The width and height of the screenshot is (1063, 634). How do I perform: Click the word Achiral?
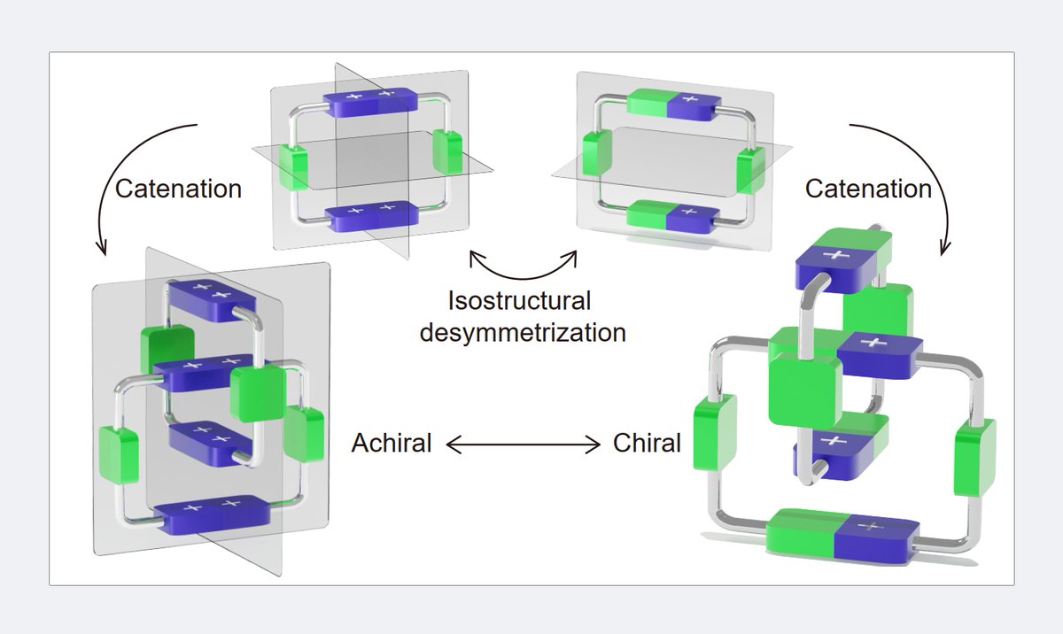392,443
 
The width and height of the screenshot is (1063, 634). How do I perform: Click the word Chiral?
647,443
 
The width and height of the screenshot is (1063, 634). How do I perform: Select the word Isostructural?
519,300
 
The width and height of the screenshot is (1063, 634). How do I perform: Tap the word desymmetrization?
523,333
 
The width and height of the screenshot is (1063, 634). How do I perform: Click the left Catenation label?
178,188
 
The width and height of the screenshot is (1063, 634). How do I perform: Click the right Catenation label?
868,188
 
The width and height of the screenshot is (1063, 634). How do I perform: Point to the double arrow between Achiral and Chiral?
523,444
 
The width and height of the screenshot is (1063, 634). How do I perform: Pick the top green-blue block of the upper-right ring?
673,104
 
